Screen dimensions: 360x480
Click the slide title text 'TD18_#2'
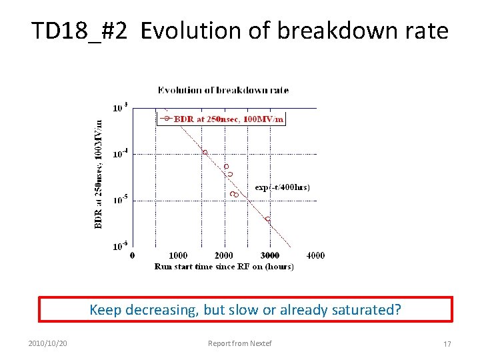79,31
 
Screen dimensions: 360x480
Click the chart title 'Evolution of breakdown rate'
223,90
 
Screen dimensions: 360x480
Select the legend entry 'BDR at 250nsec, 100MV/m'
229,119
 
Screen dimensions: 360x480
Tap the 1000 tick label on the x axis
178,255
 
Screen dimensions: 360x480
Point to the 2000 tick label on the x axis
224,255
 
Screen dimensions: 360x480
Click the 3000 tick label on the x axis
269,255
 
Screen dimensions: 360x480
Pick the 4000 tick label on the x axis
315,255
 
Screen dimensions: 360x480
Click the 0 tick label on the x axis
133,255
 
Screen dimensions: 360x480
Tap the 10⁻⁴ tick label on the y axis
120,153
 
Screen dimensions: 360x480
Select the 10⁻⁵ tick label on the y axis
120,200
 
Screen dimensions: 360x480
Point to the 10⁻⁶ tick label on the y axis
120,246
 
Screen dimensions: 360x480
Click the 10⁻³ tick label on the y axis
120,107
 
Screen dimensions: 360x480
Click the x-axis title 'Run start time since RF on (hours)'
223,267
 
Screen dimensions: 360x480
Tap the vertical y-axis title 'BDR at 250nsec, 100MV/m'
99,174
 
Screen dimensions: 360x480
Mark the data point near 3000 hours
268,219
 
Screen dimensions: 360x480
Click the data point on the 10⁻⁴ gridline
205,153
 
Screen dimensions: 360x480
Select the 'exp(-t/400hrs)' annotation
282,187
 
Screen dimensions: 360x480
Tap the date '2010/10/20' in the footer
48,344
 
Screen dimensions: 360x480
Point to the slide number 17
447,344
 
